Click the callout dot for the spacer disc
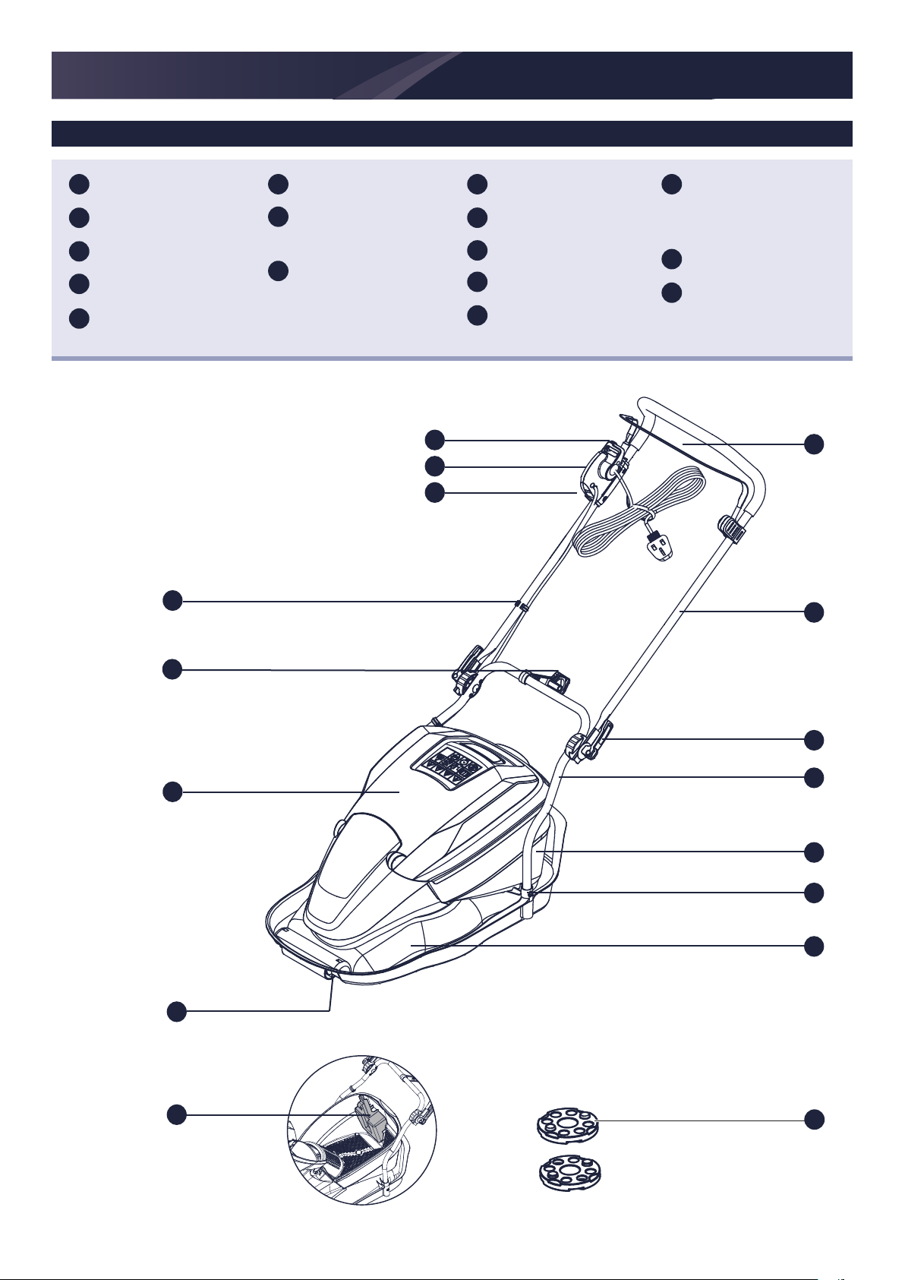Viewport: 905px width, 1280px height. tap(814, 1119)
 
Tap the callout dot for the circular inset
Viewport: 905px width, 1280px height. tap(176, 1114)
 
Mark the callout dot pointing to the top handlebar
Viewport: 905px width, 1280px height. tap(814, 444)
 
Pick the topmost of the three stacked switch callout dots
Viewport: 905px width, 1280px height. tap(434, 438)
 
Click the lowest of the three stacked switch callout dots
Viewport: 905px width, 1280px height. tap(434, 492)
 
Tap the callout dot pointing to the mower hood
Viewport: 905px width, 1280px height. tap(172, 792)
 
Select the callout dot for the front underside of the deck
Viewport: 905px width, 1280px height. tap(176, 1011)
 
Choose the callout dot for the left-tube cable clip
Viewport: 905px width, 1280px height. tap(172, 600)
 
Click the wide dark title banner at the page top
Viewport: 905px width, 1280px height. tap(452, 75)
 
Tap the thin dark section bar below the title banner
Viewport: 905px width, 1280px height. tap(452, 133)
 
